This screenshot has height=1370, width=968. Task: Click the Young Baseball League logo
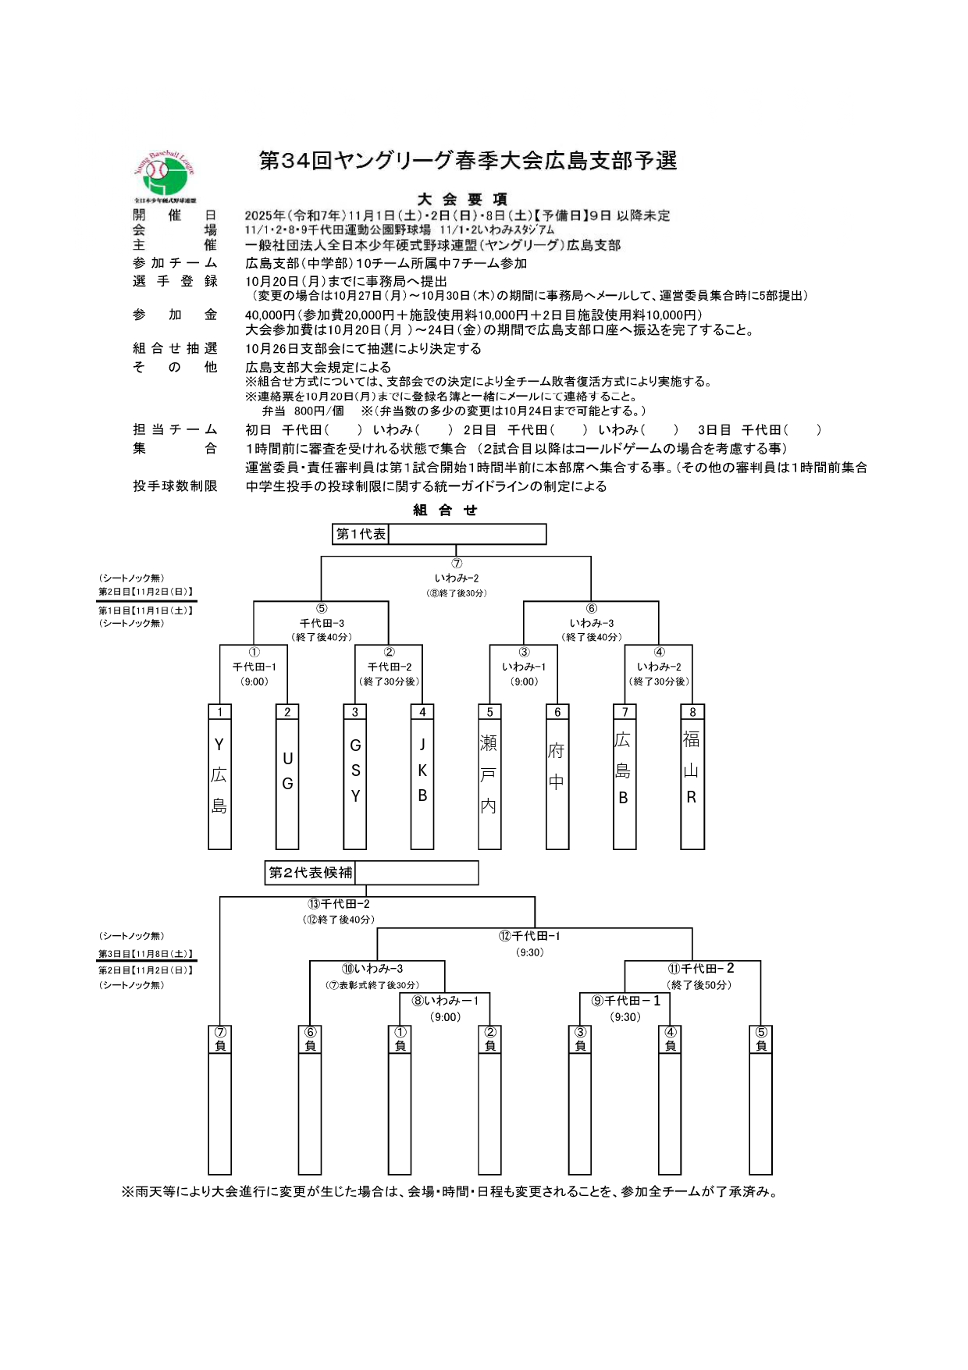(164, 176)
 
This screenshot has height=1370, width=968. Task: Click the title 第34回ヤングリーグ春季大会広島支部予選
(468, 161)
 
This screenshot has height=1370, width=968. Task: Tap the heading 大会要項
(462, 199)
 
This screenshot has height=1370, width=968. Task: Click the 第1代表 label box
(361, 534)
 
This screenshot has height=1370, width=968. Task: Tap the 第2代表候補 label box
(311, 873)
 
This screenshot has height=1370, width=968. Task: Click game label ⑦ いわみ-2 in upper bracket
(457, 578)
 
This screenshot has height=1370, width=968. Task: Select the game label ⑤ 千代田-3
(322, 622)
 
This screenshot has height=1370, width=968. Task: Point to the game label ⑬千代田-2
(339, 904)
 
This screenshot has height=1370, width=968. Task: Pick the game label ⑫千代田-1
(530, 936)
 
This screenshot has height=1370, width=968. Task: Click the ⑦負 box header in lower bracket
(220, 1040)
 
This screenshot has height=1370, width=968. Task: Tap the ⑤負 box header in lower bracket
(761, 1040)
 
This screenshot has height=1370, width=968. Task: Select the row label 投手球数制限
(175, 486)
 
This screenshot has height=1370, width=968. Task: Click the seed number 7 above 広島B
(625, 712)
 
